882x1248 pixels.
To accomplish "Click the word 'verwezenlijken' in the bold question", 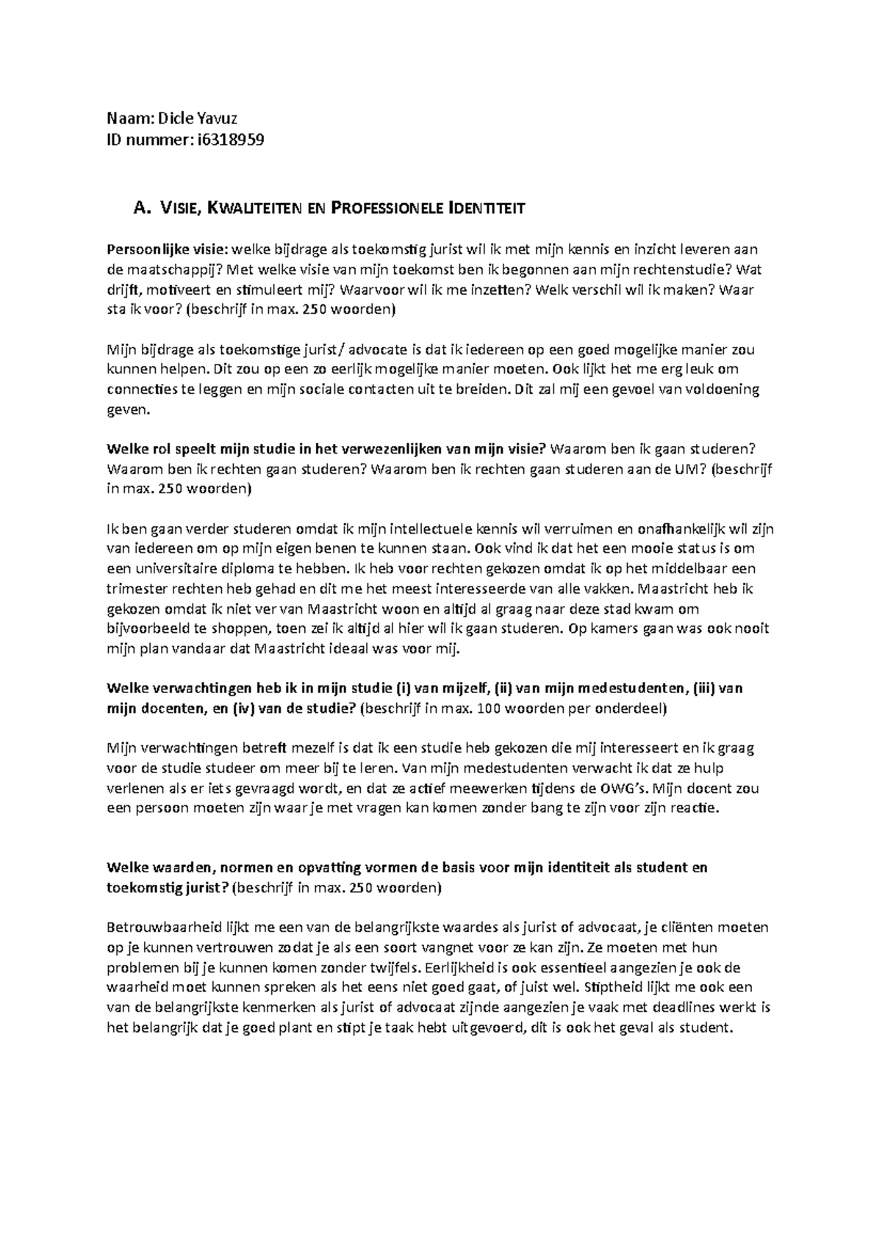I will [394, 449].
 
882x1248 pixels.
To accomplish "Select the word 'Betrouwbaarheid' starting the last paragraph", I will [157, 928].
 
